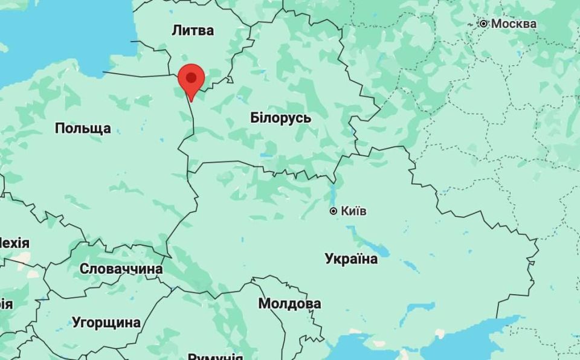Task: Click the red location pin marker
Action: point(192,81)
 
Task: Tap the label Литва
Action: point(193,30)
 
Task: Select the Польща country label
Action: point(83,128)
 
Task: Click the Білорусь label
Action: point(280,118)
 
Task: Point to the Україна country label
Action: point(351,259)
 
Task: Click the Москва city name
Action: point(514,24)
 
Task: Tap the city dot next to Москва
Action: point(484,24)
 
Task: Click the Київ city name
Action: point(353,211)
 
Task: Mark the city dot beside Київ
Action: point(333,211)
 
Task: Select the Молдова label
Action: point(289,303)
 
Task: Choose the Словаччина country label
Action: point(121,269)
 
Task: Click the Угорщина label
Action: point(106,322)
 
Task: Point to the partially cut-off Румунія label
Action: point(215,356)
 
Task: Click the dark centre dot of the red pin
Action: point(192,77)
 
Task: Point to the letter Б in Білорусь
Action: point(254,118)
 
